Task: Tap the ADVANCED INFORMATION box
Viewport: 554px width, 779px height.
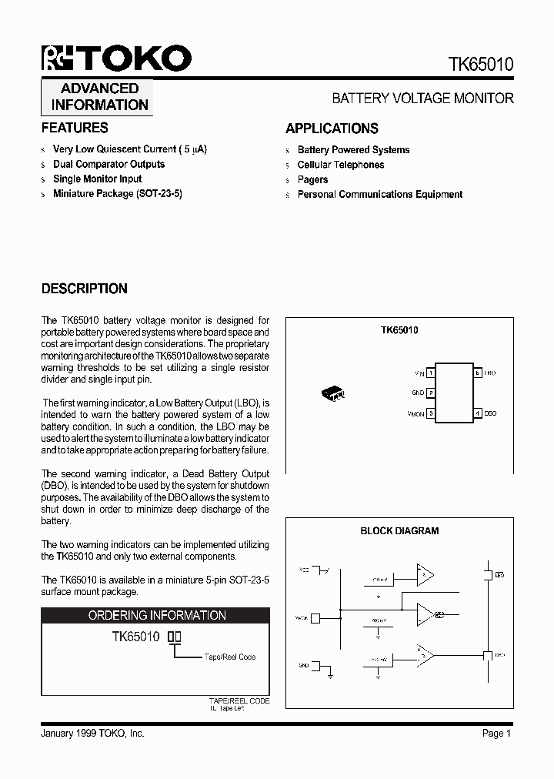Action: click(97, 97)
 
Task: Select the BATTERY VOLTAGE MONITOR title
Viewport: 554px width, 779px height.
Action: click(422, 99)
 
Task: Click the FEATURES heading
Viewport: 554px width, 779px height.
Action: click(75, 128)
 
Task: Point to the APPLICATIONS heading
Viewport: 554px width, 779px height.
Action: click(332, 129)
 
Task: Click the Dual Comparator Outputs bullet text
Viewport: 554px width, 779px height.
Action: click(108, 164)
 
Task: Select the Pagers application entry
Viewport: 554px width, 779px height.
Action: click(312, 179)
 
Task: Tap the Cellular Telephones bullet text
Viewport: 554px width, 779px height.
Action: click(341, 165)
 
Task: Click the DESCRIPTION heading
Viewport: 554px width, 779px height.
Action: click(84, 289)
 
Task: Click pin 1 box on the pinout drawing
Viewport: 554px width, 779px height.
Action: click(431, 373)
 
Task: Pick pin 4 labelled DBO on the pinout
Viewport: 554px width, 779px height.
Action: click(478, 413)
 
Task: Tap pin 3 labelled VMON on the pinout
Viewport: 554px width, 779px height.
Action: click(431, 413)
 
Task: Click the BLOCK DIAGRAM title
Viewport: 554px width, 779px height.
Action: click(399, 531)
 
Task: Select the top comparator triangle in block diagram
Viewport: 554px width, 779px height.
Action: click(425, 573)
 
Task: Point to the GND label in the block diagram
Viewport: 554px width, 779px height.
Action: click(304, 664)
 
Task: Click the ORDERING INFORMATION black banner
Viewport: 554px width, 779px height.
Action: click(155, 616)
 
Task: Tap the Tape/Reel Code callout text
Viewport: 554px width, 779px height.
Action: click(230, 657)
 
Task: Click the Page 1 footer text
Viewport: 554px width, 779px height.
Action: click(497, 734)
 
